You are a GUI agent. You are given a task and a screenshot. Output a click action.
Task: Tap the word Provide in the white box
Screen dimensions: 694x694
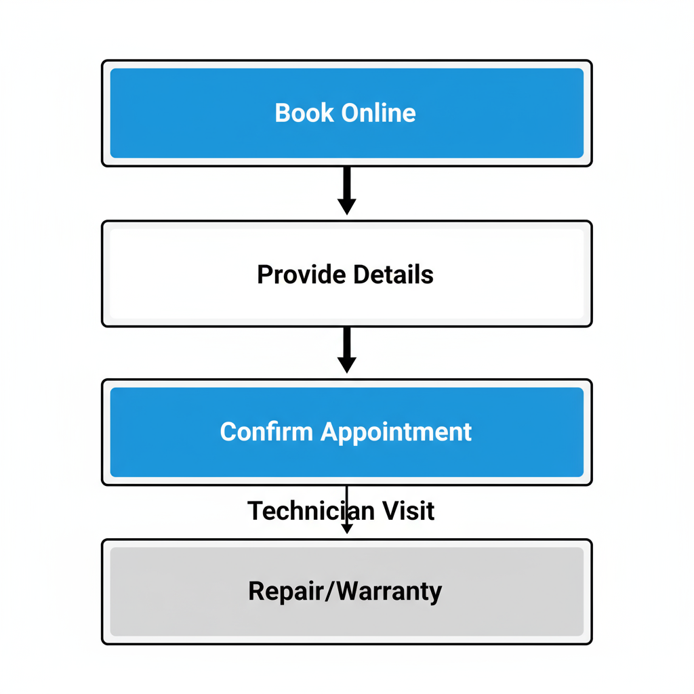[x=302, y=274]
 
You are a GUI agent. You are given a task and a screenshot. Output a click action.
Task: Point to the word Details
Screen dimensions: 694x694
[x=393, y=274]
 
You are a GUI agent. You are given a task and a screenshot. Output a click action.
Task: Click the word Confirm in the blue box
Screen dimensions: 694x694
[x=267, y=432]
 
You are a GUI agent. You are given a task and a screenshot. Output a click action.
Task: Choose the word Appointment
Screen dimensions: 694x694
[x=396, y=432]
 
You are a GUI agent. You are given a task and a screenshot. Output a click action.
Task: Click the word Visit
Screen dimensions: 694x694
[x=405, y=510]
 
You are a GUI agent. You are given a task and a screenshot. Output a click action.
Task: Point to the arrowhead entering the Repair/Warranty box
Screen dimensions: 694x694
[x=346, y=529]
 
